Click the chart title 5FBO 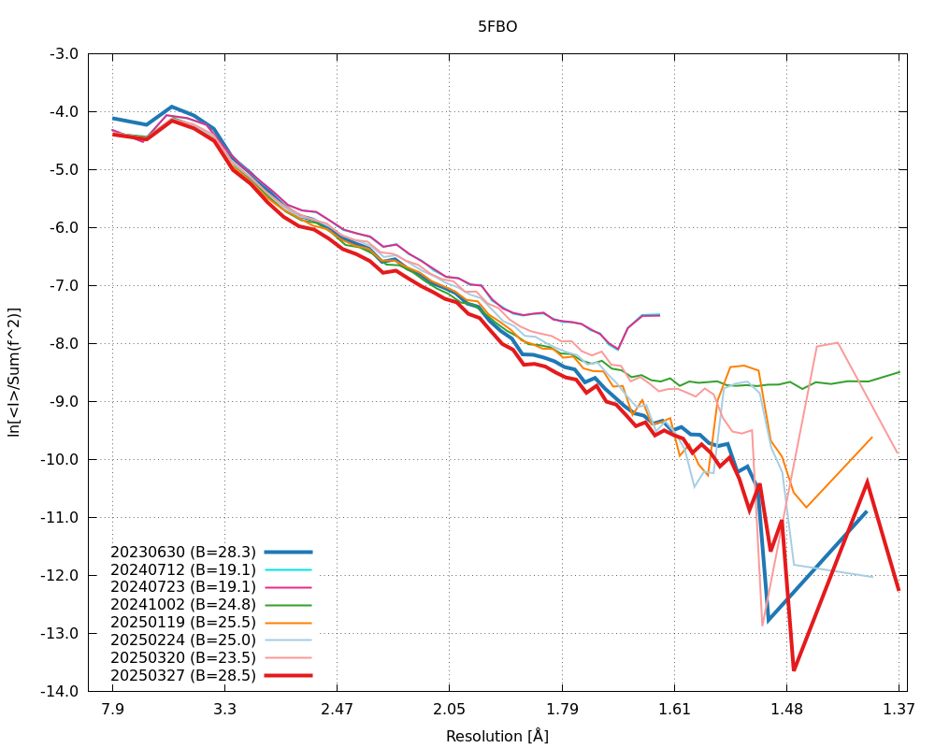(x=497, y=27)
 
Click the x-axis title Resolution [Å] (x=497, y=736)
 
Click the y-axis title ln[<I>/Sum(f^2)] (x=14, y=372)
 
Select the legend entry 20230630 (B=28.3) (x=183, y=552)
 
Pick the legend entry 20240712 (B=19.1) (x=183, y=568)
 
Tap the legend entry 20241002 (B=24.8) (x=183, y=604)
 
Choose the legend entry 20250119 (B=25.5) (x=183, y=622)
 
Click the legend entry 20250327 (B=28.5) (x=183, y=674)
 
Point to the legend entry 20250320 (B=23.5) (x=183, y=656)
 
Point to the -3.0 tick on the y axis (x=64, y=54)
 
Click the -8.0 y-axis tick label (x=64, y=343)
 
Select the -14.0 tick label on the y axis (x=61, y=691)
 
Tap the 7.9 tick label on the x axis (x=113, y=709)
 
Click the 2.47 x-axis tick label (x=338, y=709)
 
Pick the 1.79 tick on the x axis (x=562, y=709)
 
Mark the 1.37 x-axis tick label (x=899, y=709)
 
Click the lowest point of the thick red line (x=794, y=669)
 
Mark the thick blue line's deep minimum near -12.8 (x=769, y=621)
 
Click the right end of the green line (x=899, y=372)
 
